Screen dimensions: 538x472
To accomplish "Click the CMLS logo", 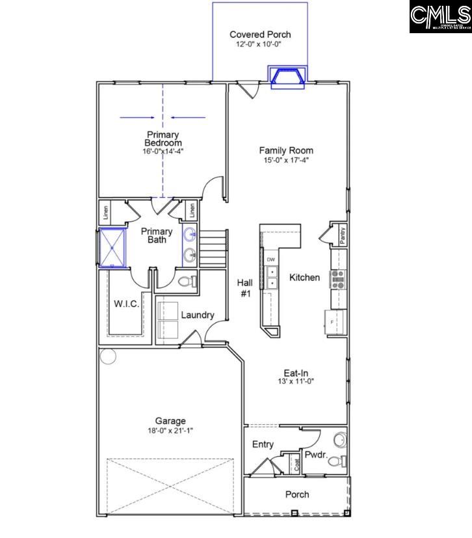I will tap(440, 17).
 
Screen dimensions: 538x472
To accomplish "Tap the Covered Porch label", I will tap(260, 34).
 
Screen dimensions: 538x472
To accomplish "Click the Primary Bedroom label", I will tap(163, 139).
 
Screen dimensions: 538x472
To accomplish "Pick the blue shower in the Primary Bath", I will tap(113, 247).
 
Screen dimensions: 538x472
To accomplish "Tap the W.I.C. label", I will tap(127, 304).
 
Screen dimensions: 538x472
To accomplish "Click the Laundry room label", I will tap(197, 315).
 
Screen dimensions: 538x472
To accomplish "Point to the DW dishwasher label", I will tap(271, 260).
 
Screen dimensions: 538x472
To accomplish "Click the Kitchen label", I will tap(304, 278).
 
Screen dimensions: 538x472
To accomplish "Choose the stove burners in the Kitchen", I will tap(338, 278).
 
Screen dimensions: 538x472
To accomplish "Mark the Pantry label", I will tap(341, 233).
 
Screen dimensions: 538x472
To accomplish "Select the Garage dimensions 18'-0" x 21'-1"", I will tap(170, 431).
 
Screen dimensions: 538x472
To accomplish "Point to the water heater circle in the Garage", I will tap(107, 356).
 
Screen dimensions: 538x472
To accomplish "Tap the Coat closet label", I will tap(296, 464).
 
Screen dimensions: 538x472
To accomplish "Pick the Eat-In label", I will tap(296, 373).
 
